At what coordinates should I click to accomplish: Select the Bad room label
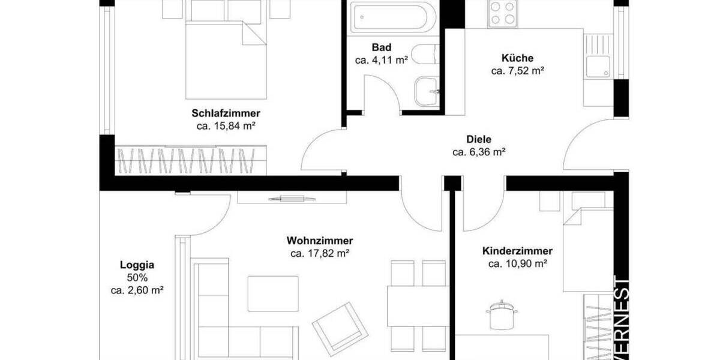click(381, 47)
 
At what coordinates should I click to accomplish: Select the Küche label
click(517, 58)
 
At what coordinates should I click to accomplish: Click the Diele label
click(478, 139)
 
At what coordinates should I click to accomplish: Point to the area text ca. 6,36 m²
click(478, 152)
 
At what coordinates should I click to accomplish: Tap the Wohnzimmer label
click(320, 241)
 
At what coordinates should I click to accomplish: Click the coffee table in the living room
click(273, 293)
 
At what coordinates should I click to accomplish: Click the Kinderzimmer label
click(517, 251)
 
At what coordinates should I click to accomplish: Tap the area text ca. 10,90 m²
click(517, 264)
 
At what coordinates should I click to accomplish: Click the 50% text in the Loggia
click(137, 277)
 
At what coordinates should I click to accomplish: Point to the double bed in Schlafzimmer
click(226, 57)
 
